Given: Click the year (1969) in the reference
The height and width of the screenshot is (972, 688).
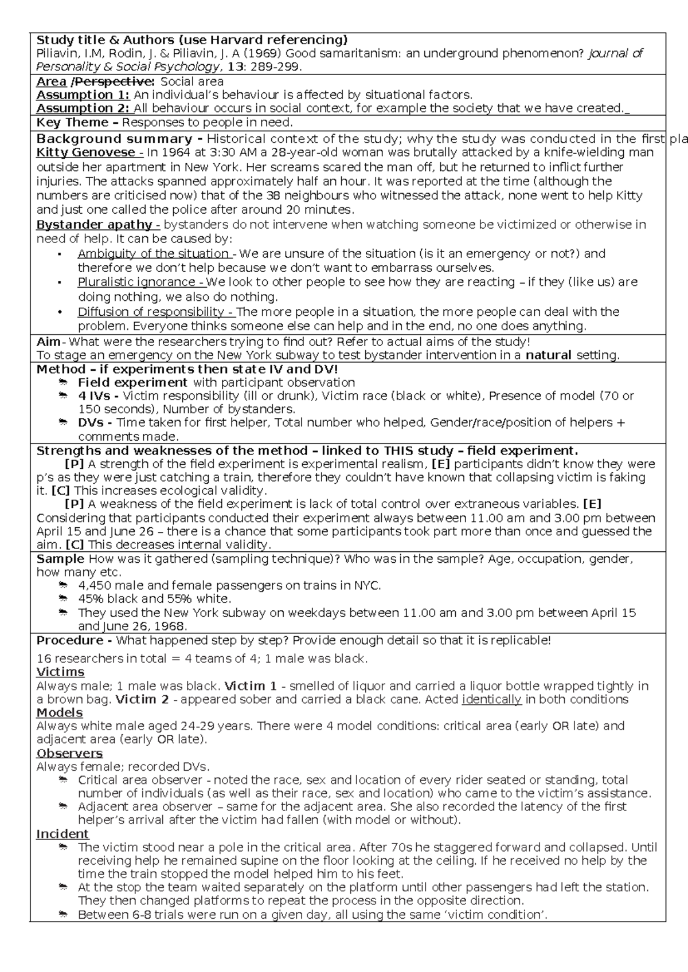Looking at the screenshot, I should tap(264, 54).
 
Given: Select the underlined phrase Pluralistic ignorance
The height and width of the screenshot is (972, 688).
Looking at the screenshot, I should tap(140, 282).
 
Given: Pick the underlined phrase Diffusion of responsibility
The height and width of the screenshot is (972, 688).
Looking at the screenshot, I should tap(155, 312).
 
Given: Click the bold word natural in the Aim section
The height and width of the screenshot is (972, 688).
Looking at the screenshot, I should tap(549, 355).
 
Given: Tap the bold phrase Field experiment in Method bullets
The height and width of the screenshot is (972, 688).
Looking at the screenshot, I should tap(132, 382).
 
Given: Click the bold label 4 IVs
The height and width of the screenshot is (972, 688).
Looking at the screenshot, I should tap(98, 396).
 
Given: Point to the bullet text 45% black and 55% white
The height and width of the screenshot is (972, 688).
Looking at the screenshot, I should tap(155, 599).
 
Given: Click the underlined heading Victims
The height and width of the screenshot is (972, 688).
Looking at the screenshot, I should tap(60, 672).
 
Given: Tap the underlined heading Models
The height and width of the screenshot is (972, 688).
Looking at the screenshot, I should tap(59, 712).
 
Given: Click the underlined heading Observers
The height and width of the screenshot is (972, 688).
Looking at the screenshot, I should tap(69, 753).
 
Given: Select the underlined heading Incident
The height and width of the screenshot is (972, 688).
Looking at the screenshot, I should tap(62, 834).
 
